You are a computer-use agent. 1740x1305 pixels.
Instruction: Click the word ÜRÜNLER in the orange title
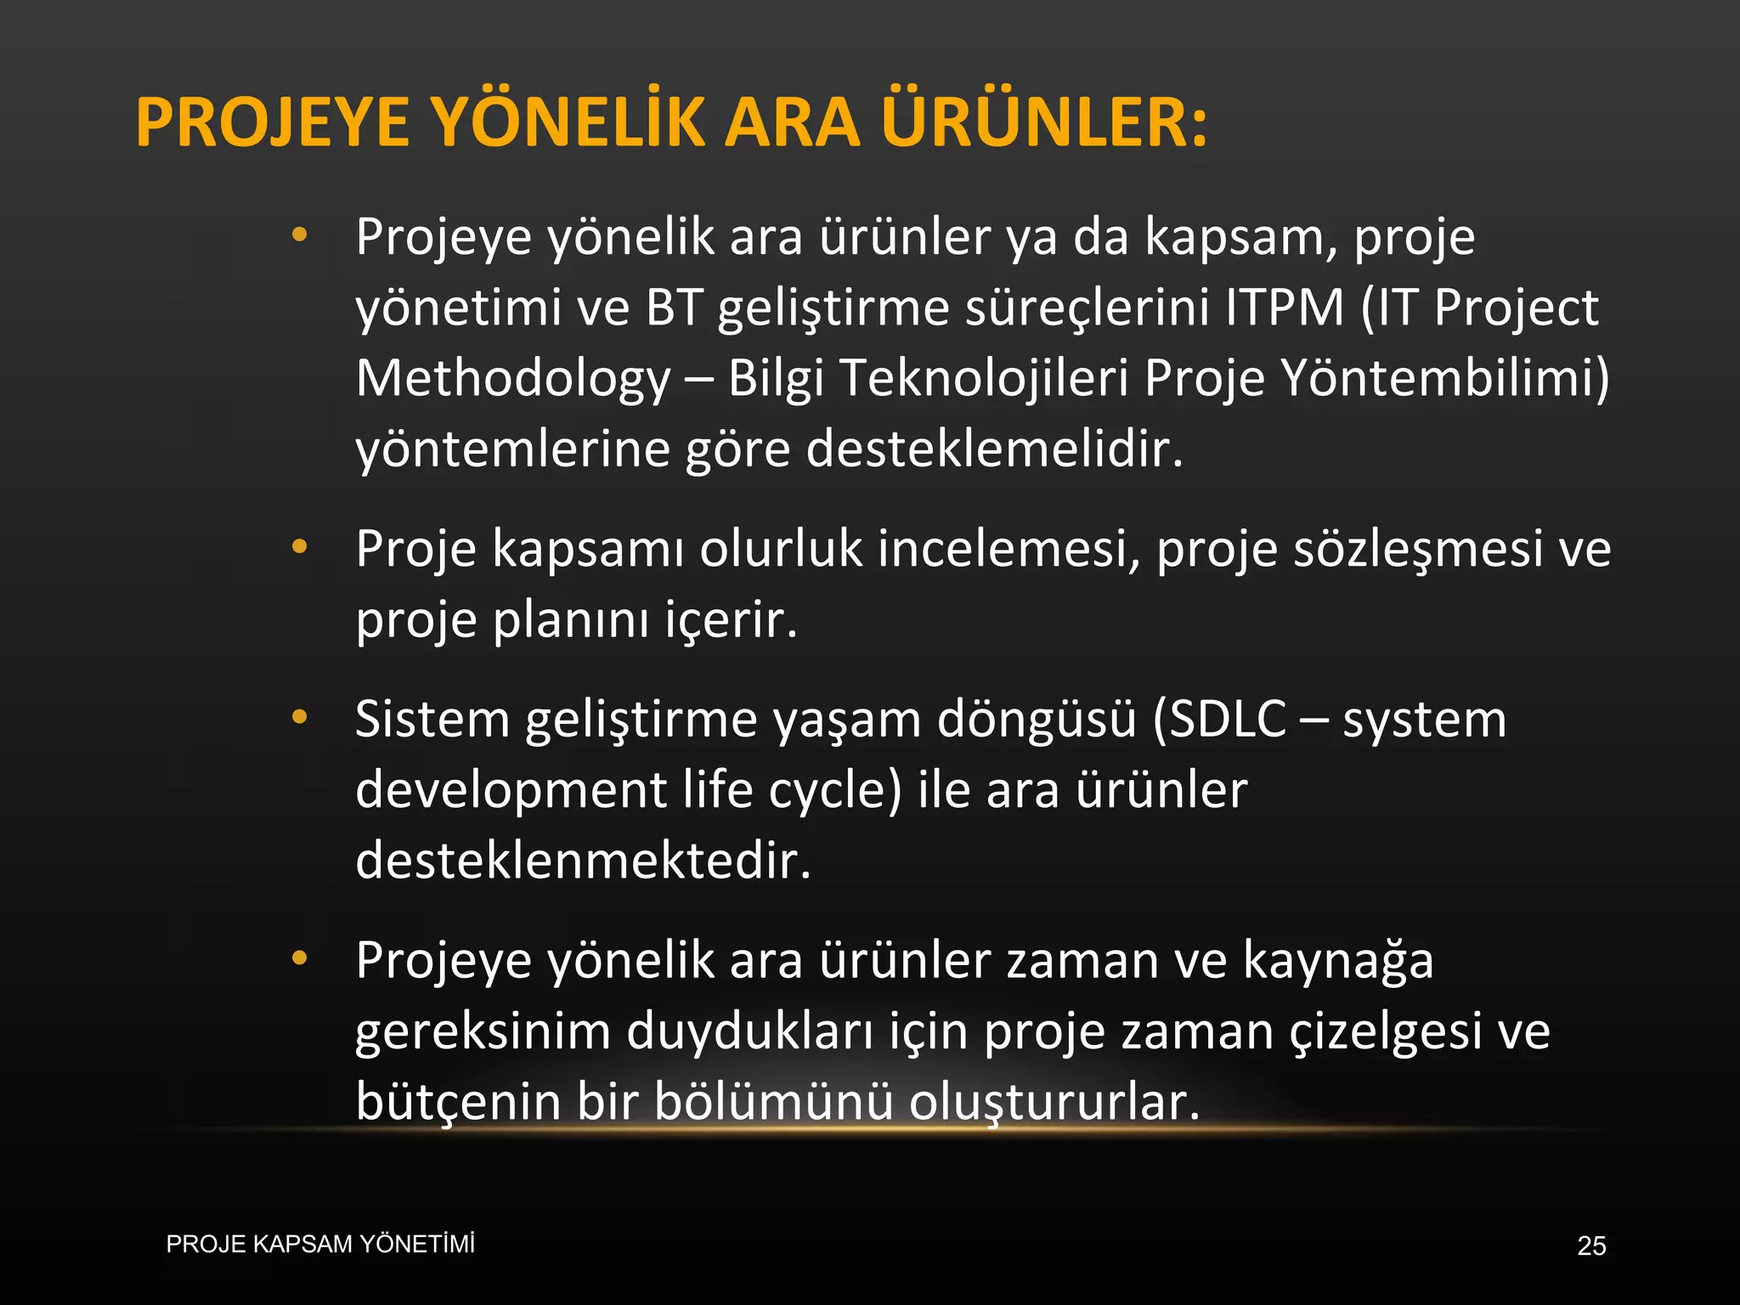(x=1043, y=123)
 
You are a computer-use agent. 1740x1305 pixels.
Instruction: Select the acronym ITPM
(x=1285, y=308)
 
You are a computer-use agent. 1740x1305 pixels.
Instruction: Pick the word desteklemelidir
(x=994, y=449)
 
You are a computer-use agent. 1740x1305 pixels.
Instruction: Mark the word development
(x=511, y=791)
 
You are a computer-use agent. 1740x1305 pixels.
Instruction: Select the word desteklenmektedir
(x=583, y=861)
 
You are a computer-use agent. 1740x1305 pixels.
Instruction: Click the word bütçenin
(x=458, y=1102)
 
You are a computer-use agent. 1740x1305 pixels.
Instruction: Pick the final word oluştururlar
(x=1054, y=1102)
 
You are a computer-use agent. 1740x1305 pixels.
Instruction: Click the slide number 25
(x=1591, y=1246)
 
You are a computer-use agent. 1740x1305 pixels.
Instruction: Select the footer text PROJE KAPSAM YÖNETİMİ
(x=320, y=1245)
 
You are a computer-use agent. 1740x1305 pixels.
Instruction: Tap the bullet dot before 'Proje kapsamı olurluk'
(x=299, y=547)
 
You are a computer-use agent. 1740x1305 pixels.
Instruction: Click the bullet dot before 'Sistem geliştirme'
(x=299, y=718)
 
